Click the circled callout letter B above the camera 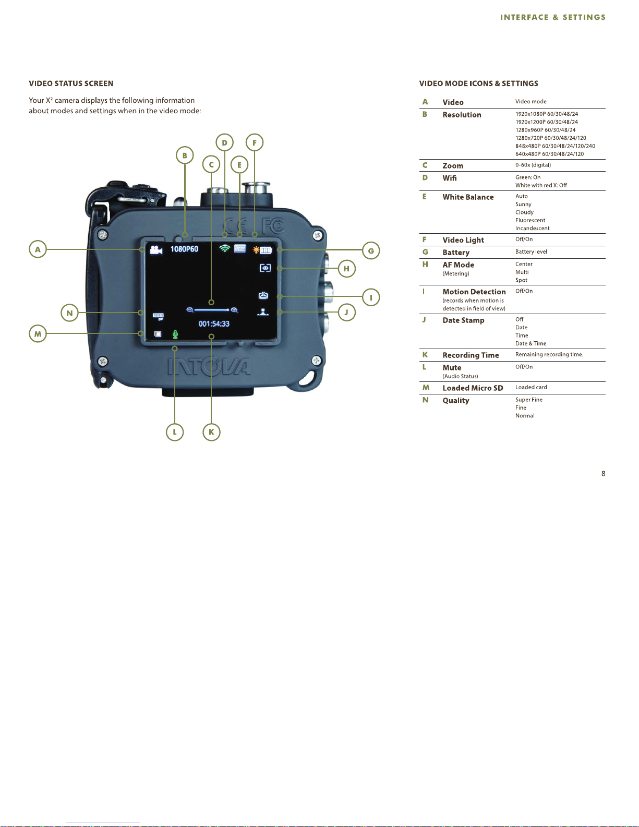coord(185,155)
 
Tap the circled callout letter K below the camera coord(211,432)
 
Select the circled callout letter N coord(69,313)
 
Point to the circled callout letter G coord(371,250)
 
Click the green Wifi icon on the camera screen coord(224,248)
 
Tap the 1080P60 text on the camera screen coord(184,249)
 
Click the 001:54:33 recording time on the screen coord(214,324)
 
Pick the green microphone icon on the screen coord(175,334)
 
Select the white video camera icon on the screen coord(155,249)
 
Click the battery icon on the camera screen coord(266,250)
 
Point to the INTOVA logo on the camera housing coord(209,366)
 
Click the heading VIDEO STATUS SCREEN coord(71,83)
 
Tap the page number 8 coord(604,474)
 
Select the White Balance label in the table coord(468,197)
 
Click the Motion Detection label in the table coord(474,292)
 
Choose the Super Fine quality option coord(529,400)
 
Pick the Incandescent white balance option coord(532,228)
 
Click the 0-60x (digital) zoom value coord(533,165)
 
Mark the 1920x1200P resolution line coord(546,122)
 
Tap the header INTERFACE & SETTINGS coord(552,17)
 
